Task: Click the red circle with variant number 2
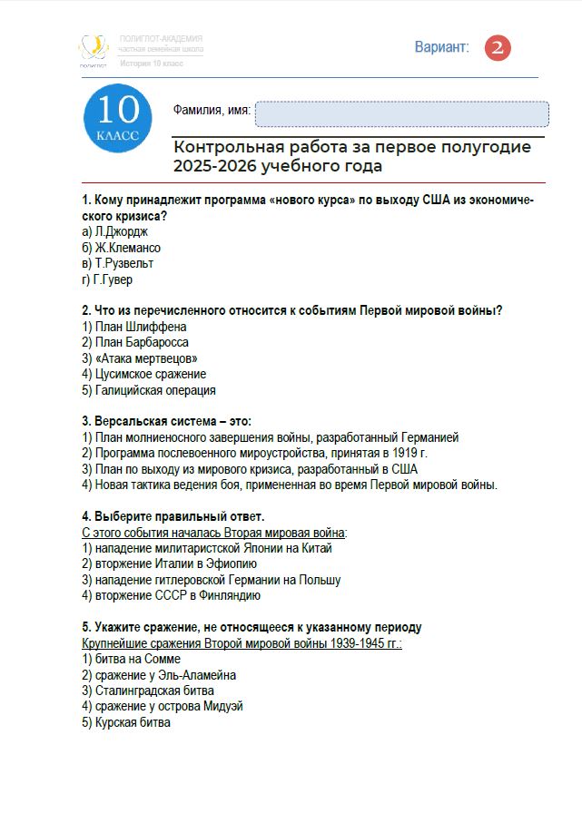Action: (498, 48)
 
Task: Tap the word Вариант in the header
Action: (441, 47)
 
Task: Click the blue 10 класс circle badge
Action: (118, 118)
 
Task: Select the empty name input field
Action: (401, 114)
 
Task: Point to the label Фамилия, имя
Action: (212, 111)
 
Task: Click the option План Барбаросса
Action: (135, 342)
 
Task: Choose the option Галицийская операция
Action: (149, 390)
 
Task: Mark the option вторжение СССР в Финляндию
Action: (171, 595)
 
